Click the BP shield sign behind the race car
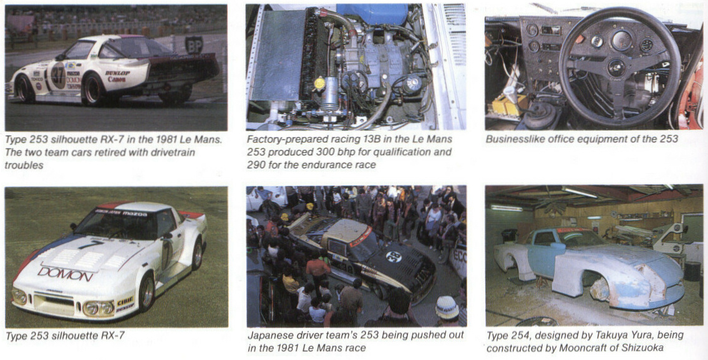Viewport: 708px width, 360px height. pyautogui.click(x=194, y=45)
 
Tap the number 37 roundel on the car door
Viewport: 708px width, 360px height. pyautogui.click(x=58, y=75)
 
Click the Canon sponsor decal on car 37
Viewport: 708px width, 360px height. pyautogui.click(x=117, y=79)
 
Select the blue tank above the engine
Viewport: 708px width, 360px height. pyautogui.click(x=372, y=14)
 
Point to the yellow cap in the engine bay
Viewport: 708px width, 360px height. pyautogui.click(x=319, y=83)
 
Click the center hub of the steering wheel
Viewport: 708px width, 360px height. pyautogui.click(x=616, y=67)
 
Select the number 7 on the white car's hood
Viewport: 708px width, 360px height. pyautogui.click(x=90, y=245)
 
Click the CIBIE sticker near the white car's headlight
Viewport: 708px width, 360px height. pyautogui.click(x=125, y=301)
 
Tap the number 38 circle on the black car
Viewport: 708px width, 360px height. pyautogui.click(x=393, y=257)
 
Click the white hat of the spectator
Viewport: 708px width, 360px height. pyautogui.click(x=447, y=308)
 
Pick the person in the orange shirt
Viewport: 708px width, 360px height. pyautogui.click(x=318, y=268)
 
